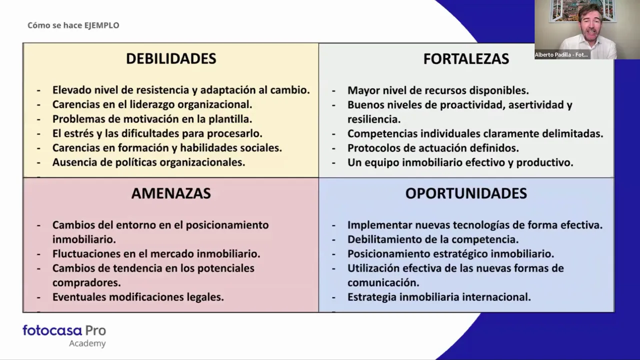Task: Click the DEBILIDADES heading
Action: [171, 58]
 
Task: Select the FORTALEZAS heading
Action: [466, 59]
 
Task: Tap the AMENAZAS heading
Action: [171, 193]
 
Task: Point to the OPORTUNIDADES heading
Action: [466, 193]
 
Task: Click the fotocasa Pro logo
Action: [64, 330]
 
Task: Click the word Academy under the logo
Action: [87, 343]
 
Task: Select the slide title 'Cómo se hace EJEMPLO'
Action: [73, 25]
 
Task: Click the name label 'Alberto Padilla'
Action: [561, 55]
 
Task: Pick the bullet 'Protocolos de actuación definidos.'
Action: [433, 148]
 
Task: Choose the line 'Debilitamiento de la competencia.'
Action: [433, 239]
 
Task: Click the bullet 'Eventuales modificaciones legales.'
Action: [138, 297]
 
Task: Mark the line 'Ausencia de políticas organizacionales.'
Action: [148, 162]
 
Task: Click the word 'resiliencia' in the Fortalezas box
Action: [373, 119]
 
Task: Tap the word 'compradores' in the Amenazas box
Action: [86, 282]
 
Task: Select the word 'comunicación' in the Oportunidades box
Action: [382, 282]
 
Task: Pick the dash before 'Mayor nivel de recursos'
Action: [334, 91]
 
